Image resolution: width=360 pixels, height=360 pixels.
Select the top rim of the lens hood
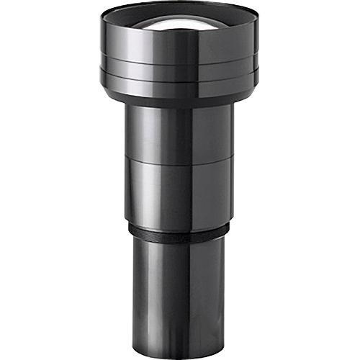tap(180, 6)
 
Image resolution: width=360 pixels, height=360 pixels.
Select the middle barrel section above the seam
tap(180, 133)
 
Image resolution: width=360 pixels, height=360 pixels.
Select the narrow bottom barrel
tap(180, 295)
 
